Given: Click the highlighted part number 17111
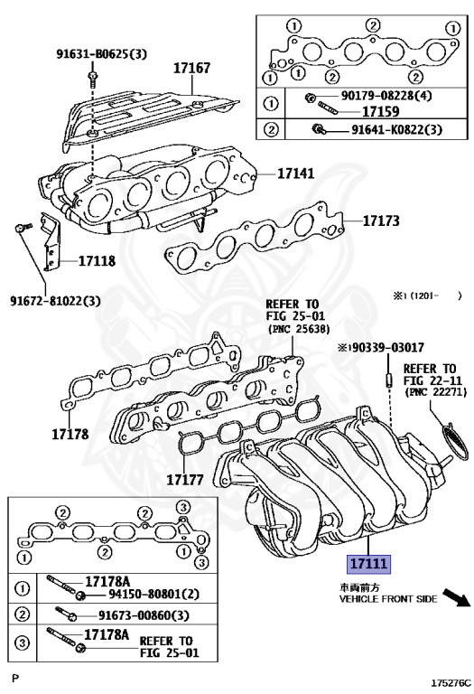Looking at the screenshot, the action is pyautogui.click(x=368, y=564).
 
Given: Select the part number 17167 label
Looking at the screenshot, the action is pyautogui.click(x=191, y=68).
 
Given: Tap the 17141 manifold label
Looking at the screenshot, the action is pyautogui.click(x=296, y=173).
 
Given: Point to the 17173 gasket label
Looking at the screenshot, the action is pyautogui.click(x=381, y=220).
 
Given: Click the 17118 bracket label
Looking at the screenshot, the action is pyautogui.click(x=97, y=261).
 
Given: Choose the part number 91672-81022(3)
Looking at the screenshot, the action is pyautogui.click(x=55, y=301).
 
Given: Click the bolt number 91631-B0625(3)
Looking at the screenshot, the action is pyautogui.click(x=101, y=54).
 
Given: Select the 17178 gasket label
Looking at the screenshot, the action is pyautogui.click(x=70, y=434).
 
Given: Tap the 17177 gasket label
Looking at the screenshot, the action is pyautogui.click(x=185, y=479).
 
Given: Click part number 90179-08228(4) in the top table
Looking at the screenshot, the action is pyautogui.click(x=386, y=95).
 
